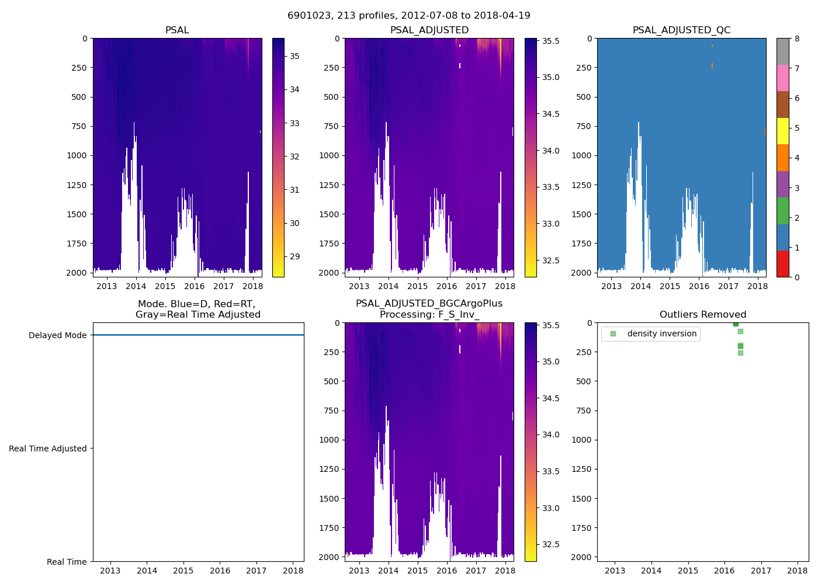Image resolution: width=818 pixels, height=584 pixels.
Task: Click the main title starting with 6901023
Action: tap(409, 16)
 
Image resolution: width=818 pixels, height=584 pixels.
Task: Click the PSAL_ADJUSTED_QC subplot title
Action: tap(681, 30)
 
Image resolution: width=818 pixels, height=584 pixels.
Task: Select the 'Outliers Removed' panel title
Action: tap(703, 315)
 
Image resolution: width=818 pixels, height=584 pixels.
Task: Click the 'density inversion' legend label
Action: tap(661, 334)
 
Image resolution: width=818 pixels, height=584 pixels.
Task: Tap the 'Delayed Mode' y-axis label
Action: tap(57, 335)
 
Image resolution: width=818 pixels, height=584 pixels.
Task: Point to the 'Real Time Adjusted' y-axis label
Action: tap(47, 449)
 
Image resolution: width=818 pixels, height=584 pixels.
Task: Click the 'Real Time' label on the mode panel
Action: tap(67, 562)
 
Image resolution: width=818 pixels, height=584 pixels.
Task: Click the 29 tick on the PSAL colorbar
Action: tap(295, 257)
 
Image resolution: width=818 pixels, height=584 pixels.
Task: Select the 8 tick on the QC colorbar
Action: tap(797, 39)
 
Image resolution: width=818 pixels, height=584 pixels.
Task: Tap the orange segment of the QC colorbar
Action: tap(782, 158)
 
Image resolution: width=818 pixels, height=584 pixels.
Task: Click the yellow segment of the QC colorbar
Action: tap(782, 131)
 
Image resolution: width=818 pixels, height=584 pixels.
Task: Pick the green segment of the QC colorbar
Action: tap(782, 211)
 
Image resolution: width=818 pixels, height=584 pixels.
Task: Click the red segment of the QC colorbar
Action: tap(782, 264)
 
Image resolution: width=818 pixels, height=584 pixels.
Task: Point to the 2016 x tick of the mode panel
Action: tap(220, 571)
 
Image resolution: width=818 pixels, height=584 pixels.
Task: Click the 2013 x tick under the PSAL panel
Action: tap(106, 286)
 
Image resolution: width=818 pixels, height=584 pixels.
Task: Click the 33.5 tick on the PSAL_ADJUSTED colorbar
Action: tap(551, 187)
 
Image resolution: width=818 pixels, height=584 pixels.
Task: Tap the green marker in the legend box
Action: tap(613, 334)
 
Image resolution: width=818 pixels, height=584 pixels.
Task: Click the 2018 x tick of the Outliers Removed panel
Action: tap(798, 571)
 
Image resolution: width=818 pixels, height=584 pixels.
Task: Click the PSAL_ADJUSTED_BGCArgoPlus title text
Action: tap(429, 304)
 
